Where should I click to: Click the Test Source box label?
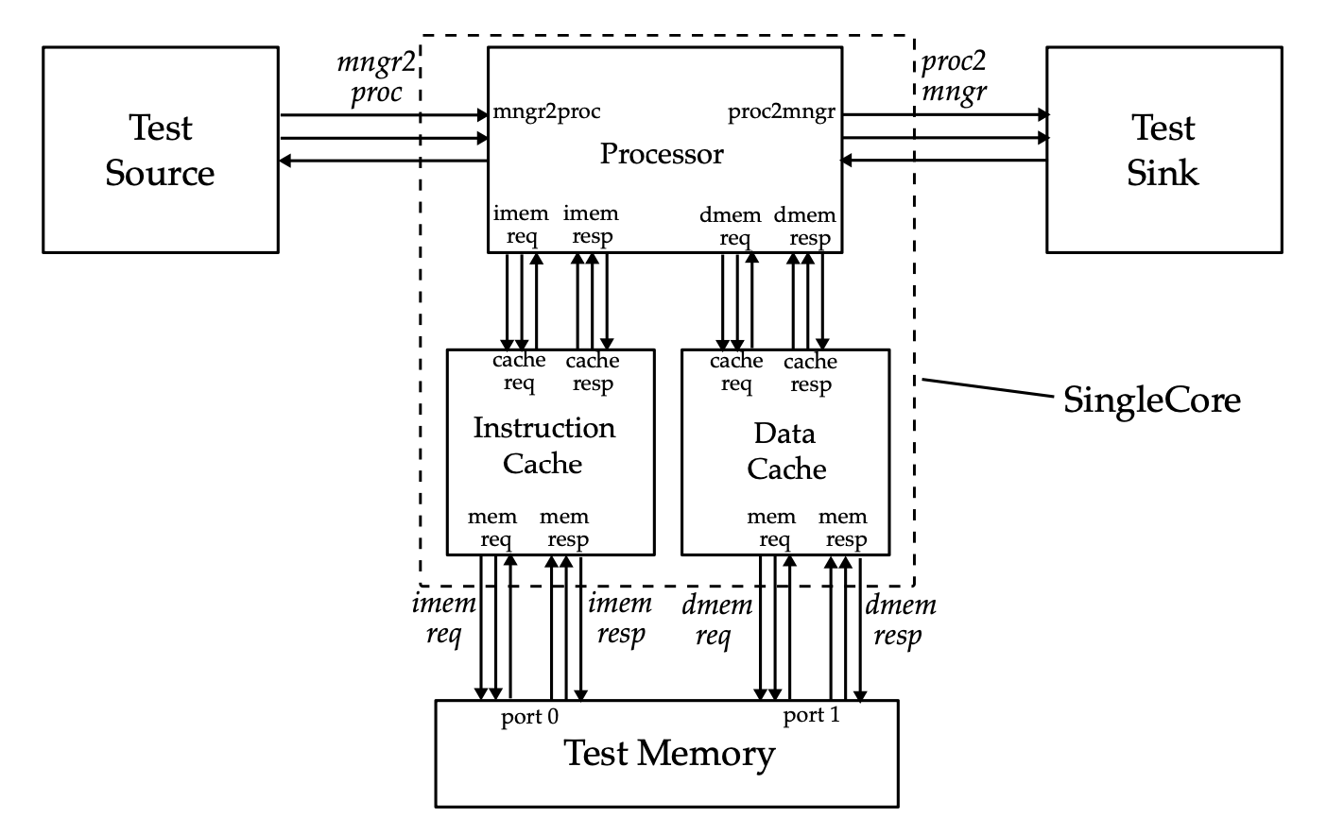(160, 150)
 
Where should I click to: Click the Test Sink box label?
(1163, 150)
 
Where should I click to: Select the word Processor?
(662, 154)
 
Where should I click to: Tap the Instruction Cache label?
(543, 445)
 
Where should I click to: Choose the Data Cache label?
(785, 451)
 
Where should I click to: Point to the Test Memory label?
(669, 754)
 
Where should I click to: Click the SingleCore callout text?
(1151, 400)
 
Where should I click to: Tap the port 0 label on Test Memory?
(529, 717)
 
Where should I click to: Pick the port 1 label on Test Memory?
(811, 715)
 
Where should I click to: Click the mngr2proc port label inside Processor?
(546, 111)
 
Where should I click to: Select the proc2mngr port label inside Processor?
(782, 112)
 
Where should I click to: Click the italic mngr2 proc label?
(376, 77)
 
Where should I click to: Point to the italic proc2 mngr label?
(954, 77)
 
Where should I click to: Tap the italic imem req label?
(443, 618)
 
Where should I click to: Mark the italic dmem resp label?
(900, 620)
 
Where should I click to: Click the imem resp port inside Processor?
(592, 225)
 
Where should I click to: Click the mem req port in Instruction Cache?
(492, 528)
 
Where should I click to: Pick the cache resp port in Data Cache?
(810, 373)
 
